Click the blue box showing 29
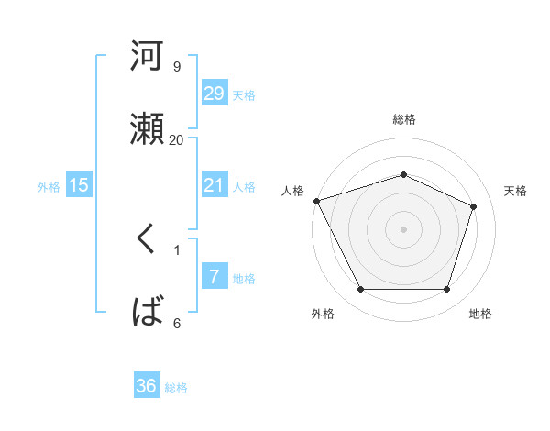(x=214, y=93)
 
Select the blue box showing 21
(x=214, y=185)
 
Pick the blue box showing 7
(x=214, y=277)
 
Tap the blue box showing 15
(x=79, y=185)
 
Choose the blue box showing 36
(x=146, y=386)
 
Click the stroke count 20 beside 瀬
(x=176, y=139)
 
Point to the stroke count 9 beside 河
(x=176, y=67)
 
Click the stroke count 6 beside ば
(x=176, y=323)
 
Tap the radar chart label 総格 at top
(x=404, y=119)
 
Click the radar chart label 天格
(x=516, y=191)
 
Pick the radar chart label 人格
(x=292, y=191)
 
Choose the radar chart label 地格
(x=480, y=314)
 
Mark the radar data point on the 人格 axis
(x=316, y=201)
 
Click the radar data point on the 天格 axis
(x=474, y=206)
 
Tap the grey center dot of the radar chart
(x=404, y=229)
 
